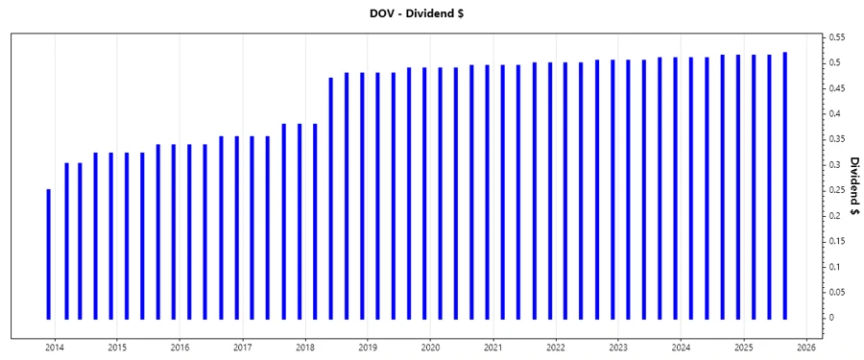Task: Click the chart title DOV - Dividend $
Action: pyautogui.click(x=431, y=13)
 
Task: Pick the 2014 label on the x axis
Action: pyautogui.click(x=55, y=348)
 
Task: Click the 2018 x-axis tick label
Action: pyautogui.click(x=305, y=348)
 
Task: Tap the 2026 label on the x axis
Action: pyautogui.click(x=806, y=348)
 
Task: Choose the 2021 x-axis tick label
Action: pyautogui.click(x=493, y=348)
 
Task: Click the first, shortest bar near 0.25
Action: pyautogui.click(x=49, y=254)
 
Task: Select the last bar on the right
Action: pyautogui.click(x=785, y=185)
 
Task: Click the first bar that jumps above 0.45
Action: pyautogui.click(x=331, y=198)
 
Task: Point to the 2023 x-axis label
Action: pyautogui.click(x=618, y=348)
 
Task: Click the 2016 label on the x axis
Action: pyautogui.click(x=180, y=348)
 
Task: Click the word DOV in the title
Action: pyautogui.click(x=383, y=13)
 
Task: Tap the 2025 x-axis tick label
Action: pyautogui.click(x=744, y=348)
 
